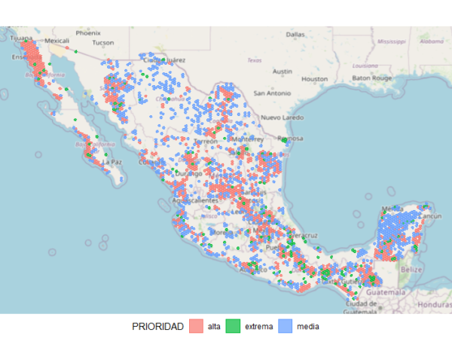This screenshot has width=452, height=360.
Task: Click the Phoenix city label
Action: pos(87,33)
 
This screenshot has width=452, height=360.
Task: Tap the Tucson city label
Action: pos(102,43)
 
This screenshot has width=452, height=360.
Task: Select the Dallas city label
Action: pos(295,35)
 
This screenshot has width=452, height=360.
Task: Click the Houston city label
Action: pos(314,78)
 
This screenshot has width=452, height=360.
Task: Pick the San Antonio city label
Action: pos(271,93)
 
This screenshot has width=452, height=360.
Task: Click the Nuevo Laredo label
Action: pos(282,118)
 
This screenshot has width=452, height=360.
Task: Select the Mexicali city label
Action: pos(57,41)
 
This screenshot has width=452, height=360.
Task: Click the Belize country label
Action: pos(411,269)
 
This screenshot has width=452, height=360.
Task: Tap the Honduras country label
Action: pos(434,304)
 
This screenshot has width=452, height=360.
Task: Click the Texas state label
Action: pos(254,60)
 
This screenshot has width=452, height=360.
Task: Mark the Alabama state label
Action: pos(432,41)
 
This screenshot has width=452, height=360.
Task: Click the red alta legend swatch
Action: pos(196,326)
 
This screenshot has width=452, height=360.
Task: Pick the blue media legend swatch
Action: pos(285,326)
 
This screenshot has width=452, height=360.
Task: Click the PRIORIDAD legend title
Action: pos(157,326)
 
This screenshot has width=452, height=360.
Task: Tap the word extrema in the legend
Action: pos(259,326)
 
